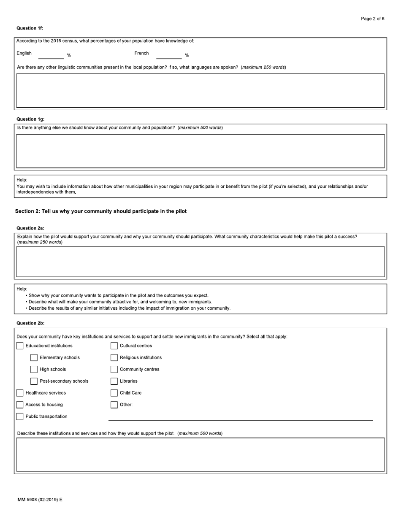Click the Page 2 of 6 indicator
(x=372, y=19)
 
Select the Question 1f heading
(x=30, y=28)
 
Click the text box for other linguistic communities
(x=200, y=91)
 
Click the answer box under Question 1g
(x=200, y=151)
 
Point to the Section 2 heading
(x=101, y=211)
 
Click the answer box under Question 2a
(x=200, y=262)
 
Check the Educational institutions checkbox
(x=20, y=346)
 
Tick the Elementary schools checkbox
(x=34, y=358)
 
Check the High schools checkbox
(x=34, y=370)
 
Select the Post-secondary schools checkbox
(x=34, y=381)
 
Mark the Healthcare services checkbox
(x=20, y=393)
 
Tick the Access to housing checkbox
(x=20, y=405)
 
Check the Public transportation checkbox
(x=20, y=417)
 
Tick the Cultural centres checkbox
(x=114, y=346)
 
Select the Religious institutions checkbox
(x=114, y=358)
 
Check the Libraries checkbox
(x=114, y=381)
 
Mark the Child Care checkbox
(x=114, y=393)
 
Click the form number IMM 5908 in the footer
(x=39, y=500)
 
